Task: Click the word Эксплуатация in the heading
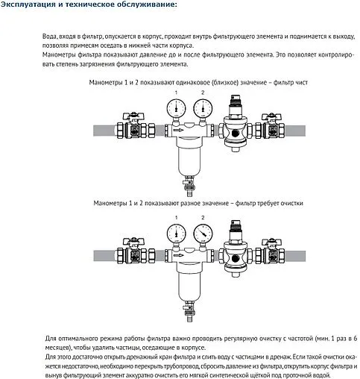click(31, 7)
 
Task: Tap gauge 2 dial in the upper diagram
click(201, 108)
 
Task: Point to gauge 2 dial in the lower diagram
click(201, 232)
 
